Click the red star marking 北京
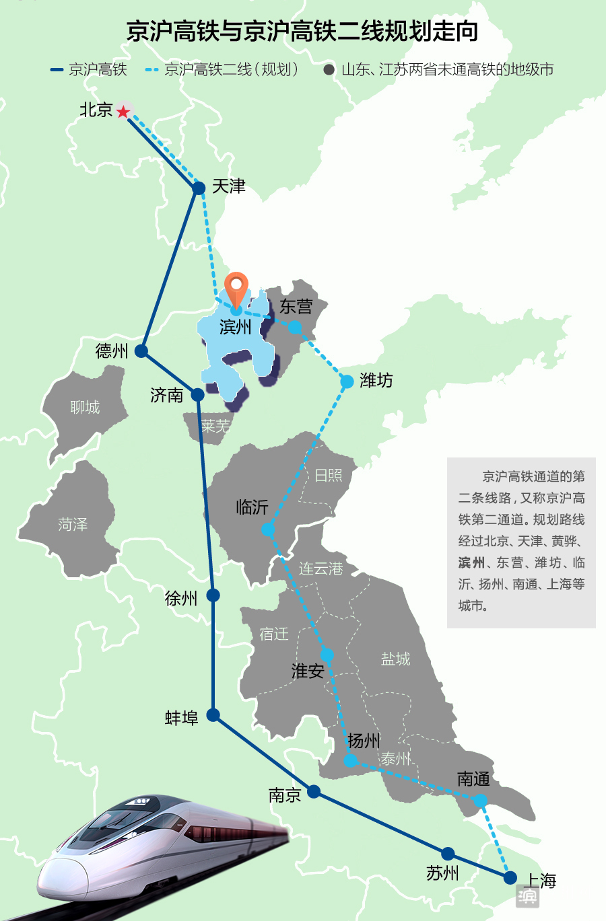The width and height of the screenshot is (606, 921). click(x=123, y=112)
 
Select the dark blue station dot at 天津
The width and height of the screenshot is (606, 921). click(x=199, y=188)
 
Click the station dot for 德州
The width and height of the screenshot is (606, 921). click(x=141, y=351)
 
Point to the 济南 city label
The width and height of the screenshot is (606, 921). click(x=166, y=395)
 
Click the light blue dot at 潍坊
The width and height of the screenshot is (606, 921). click(x=347, y=382)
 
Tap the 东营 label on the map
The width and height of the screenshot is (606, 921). click(x=296, y=307)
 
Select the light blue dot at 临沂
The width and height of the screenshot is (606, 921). click(x=268, y=530)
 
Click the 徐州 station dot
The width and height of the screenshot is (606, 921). click(x=213, y=595)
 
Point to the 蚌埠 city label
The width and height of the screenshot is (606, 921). click(x=182, y=718)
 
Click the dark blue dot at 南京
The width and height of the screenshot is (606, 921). click(x=314, y=792)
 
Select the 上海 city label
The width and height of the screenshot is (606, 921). click(x=541, y=881)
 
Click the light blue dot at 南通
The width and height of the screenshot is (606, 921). click(x=479, y=801)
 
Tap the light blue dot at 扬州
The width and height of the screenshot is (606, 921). click(x=350, y=761)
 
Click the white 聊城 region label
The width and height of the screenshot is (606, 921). click(x=85, y=407)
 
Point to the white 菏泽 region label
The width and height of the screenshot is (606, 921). click(x=73, y=524)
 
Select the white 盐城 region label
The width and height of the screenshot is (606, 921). click(x=395, y=659)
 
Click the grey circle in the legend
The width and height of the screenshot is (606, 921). click(x=329, y=70)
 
